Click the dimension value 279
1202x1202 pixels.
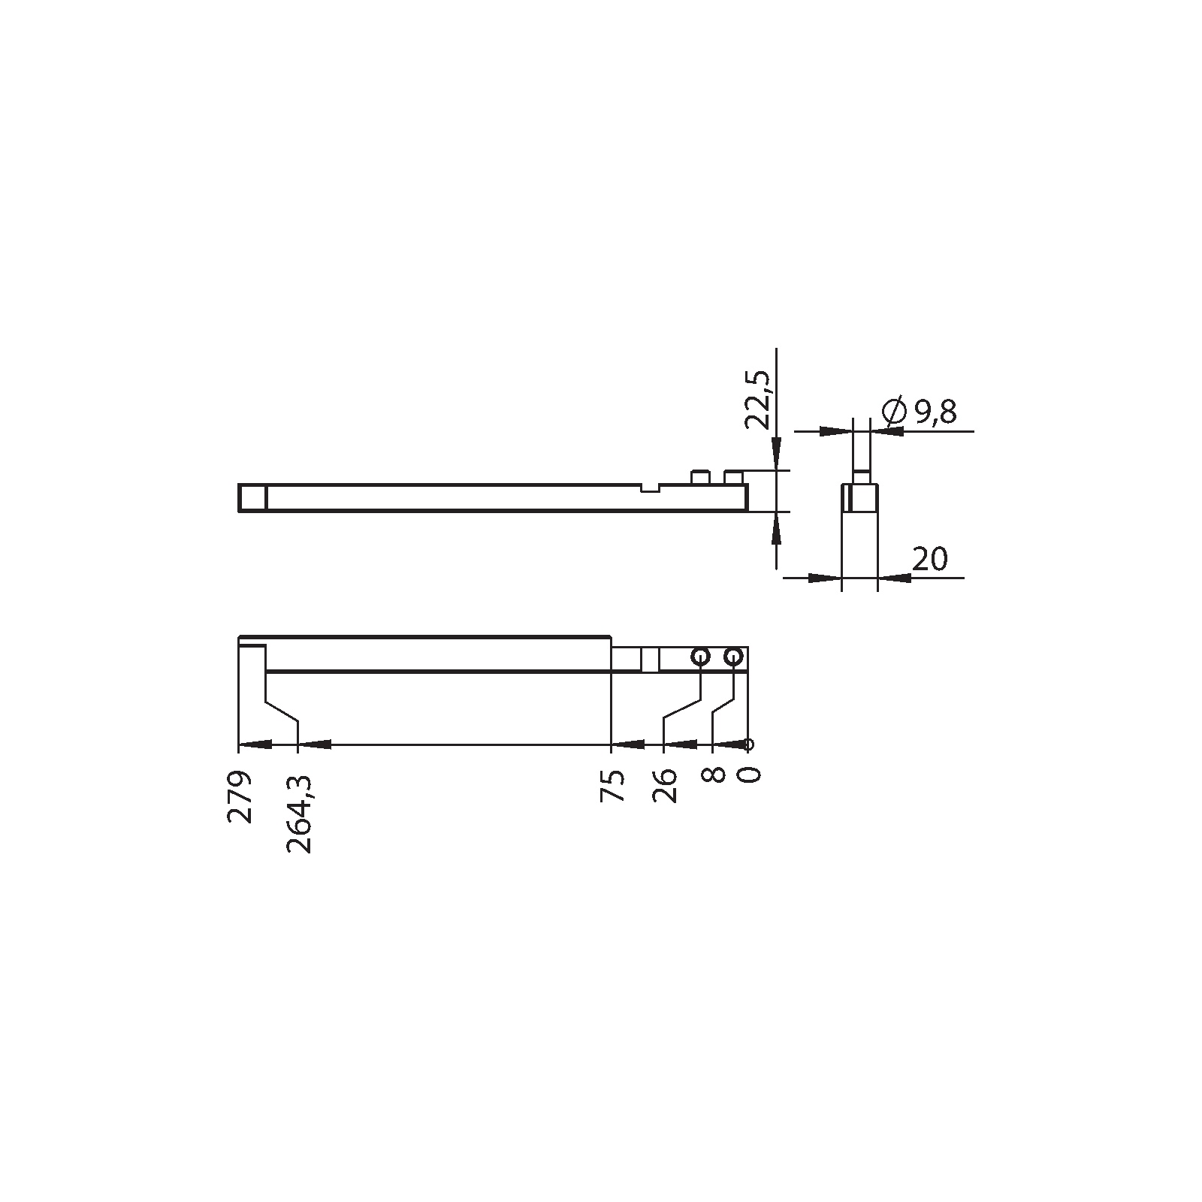[240, 796]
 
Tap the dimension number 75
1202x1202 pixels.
[614, 786]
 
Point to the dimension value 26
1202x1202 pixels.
[666, 786]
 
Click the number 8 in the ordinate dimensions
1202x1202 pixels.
[715, 775]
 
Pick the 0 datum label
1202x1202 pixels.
[750, 775]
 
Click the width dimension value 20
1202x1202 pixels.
[930, 559]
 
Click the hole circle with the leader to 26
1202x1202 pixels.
[700, 657]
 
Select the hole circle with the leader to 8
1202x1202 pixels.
[733, 657]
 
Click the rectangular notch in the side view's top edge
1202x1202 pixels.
[651, 488]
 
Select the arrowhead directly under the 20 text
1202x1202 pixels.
[895, 578]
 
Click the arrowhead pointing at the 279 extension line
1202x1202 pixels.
[255, 744]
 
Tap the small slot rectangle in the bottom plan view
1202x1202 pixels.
[651, 659]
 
